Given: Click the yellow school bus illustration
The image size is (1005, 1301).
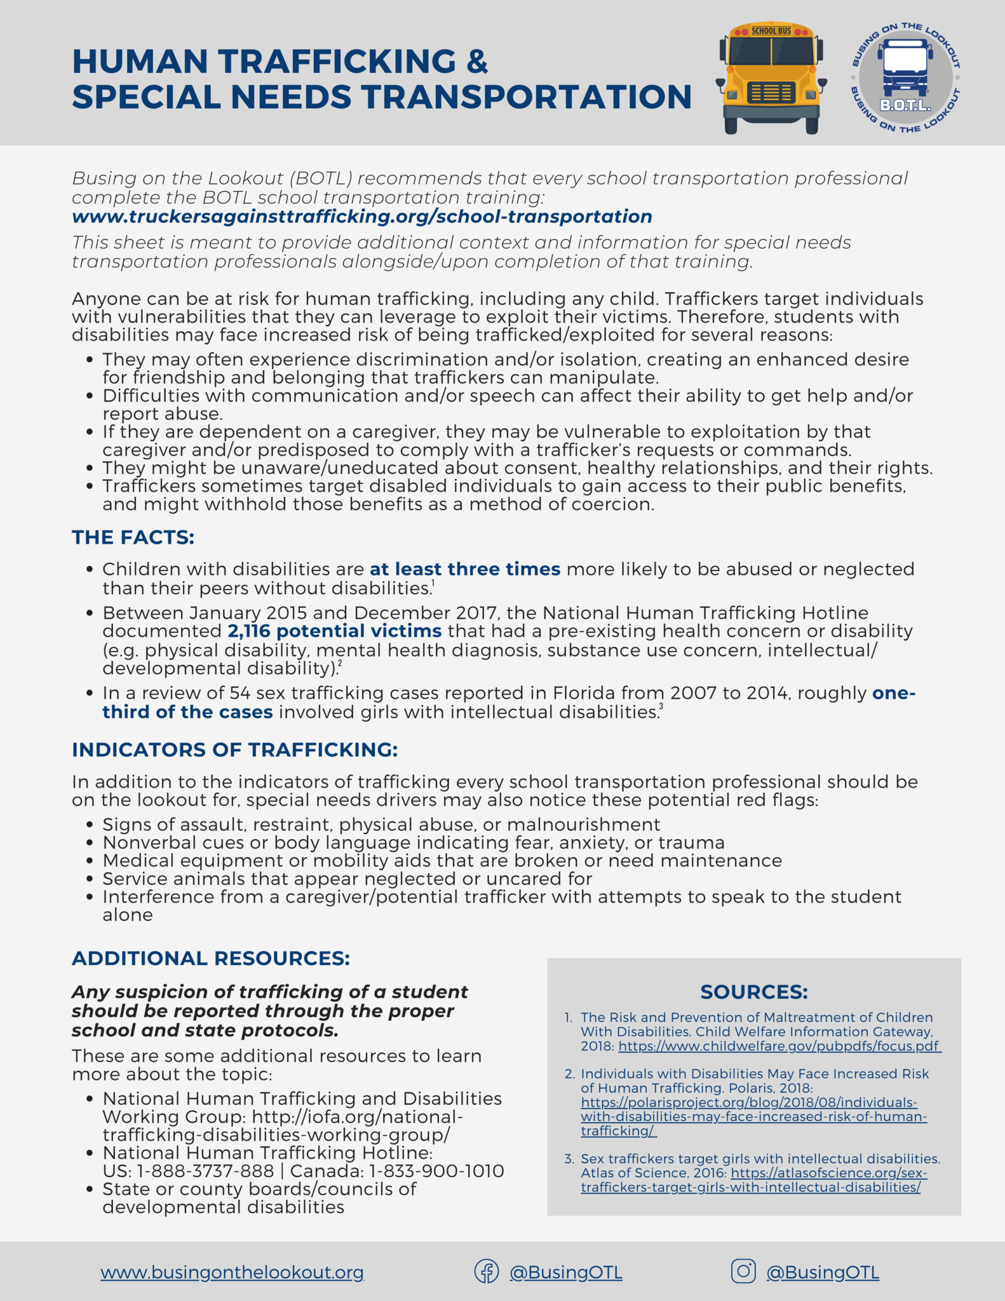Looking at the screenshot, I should click(x=771, y=78).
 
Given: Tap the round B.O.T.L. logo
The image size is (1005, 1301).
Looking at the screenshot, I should click(x=905, y=78).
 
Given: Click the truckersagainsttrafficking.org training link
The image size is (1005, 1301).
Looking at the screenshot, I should click(x=361, y=217).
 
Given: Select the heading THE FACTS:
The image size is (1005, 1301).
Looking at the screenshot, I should click(x=133, y=537).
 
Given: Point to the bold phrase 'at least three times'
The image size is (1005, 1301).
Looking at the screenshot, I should click(x=465, y=569).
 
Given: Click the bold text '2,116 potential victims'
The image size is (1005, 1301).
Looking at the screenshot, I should click(x=335, y=631).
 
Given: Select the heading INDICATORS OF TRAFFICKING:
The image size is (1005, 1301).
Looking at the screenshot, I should click(x=234, y=750).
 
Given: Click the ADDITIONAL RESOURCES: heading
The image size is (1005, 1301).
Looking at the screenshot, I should click(x=211, y=958).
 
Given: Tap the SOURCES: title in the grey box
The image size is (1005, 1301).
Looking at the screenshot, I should click(x=754, y=992).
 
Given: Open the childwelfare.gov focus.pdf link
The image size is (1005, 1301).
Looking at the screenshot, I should click(x=779, y=1046).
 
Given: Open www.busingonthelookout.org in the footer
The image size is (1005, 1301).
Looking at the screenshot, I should click(x=232, y=1272).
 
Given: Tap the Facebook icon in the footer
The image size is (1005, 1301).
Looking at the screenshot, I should click(x=487, y=1272).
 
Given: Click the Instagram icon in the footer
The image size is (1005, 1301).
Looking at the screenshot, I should click(x=743, y=1271).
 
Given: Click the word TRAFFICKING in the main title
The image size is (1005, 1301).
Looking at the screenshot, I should click(x=337, y=62).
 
